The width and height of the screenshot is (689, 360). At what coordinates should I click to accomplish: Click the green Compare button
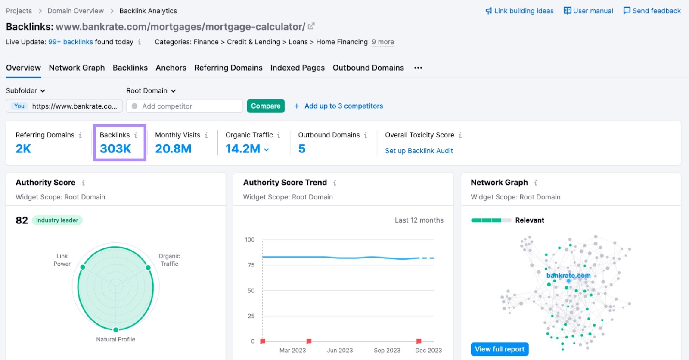point(265,106)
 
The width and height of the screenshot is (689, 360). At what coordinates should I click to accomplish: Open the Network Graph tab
point(77,68)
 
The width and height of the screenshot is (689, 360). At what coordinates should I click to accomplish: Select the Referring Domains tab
point(228,68)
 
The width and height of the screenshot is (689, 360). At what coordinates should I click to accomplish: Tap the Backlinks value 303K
point(115,149)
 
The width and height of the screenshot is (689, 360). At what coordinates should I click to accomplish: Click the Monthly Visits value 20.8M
point(173,149)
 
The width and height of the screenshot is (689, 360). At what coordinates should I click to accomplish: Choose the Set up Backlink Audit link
point(419,151)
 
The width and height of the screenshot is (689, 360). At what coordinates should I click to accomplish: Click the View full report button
point(500,349)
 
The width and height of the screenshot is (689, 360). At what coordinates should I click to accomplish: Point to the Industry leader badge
point(57,220)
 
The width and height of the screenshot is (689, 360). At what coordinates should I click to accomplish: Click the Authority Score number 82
point(22,220)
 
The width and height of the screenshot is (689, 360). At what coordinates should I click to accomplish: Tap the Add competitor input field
point(185,106)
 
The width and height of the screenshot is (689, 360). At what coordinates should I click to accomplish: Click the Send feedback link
point(652,11)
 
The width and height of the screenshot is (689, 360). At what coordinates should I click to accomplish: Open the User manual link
point(588,11)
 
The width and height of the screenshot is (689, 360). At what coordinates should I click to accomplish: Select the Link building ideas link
point(519,11)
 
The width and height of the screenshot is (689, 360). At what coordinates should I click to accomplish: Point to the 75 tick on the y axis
point(251,265)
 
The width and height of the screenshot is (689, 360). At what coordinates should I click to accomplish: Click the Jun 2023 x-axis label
point(340,351)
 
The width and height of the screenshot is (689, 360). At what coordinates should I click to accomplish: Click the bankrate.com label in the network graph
point(568,276)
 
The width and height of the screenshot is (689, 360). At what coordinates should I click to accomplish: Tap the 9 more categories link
point(383,42)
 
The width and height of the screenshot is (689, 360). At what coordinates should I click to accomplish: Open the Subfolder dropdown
point(25,91)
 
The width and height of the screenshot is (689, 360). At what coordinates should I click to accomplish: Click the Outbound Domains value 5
point(302,149)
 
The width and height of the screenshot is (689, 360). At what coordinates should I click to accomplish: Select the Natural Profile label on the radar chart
point(115,339)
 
